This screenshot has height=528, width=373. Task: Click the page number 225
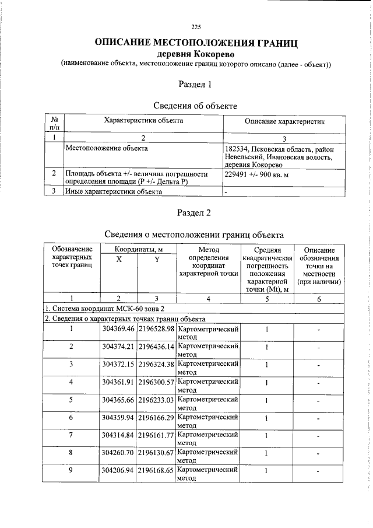(195, 27)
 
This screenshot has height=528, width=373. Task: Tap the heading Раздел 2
(195, 212)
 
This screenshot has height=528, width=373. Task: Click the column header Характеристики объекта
(143, 121)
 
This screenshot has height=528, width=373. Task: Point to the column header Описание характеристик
(284, 121)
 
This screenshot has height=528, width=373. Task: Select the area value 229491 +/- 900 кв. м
(257, 174)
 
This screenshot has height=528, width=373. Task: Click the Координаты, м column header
(138, 250)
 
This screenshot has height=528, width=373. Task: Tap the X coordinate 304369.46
(118, 329)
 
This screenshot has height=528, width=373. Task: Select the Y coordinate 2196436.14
(156, 347)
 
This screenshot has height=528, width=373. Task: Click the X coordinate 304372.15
(118, 365)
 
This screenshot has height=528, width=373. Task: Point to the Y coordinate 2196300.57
(156, 382)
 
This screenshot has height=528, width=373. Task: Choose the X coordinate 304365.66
(118, 400)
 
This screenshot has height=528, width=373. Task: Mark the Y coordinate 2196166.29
(156, 418)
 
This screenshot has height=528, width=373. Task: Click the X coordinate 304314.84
(118, 436)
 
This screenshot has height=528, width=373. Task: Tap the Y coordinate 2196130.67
(156, 453)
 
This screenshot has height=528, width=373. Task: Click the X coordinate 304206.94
(118, 470)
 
